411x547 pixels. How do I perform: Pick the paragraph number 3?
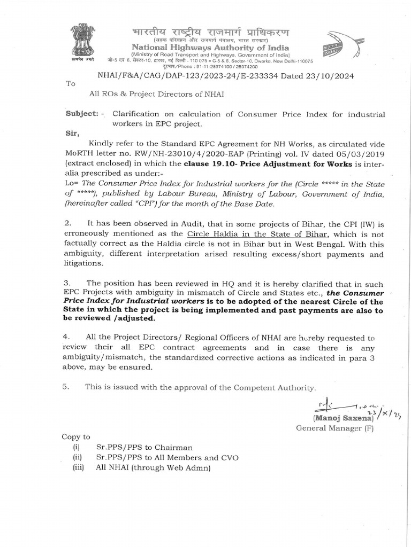pyautogui.click(x=67, y=283)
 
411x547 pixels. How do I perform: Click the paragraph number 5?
pyautogui.click(x=67, y=387)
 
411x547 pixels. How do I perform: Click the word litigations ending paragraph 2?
pyautogui.click(x=83, y=263)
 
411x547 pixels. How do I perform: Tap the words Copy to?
pyautogui.click(x=76, y=436)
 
